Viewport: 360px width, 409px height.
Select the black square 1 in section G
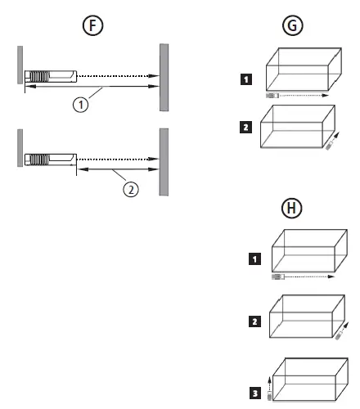[x=246, y=79]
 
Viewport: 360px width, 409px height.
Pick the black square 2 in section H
[x=254, y=322]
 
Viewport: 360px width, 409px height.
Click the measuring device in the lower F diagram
[x=49, y=158]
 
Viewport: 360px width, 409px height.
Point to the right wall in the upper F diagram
[x=164, y=79]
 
